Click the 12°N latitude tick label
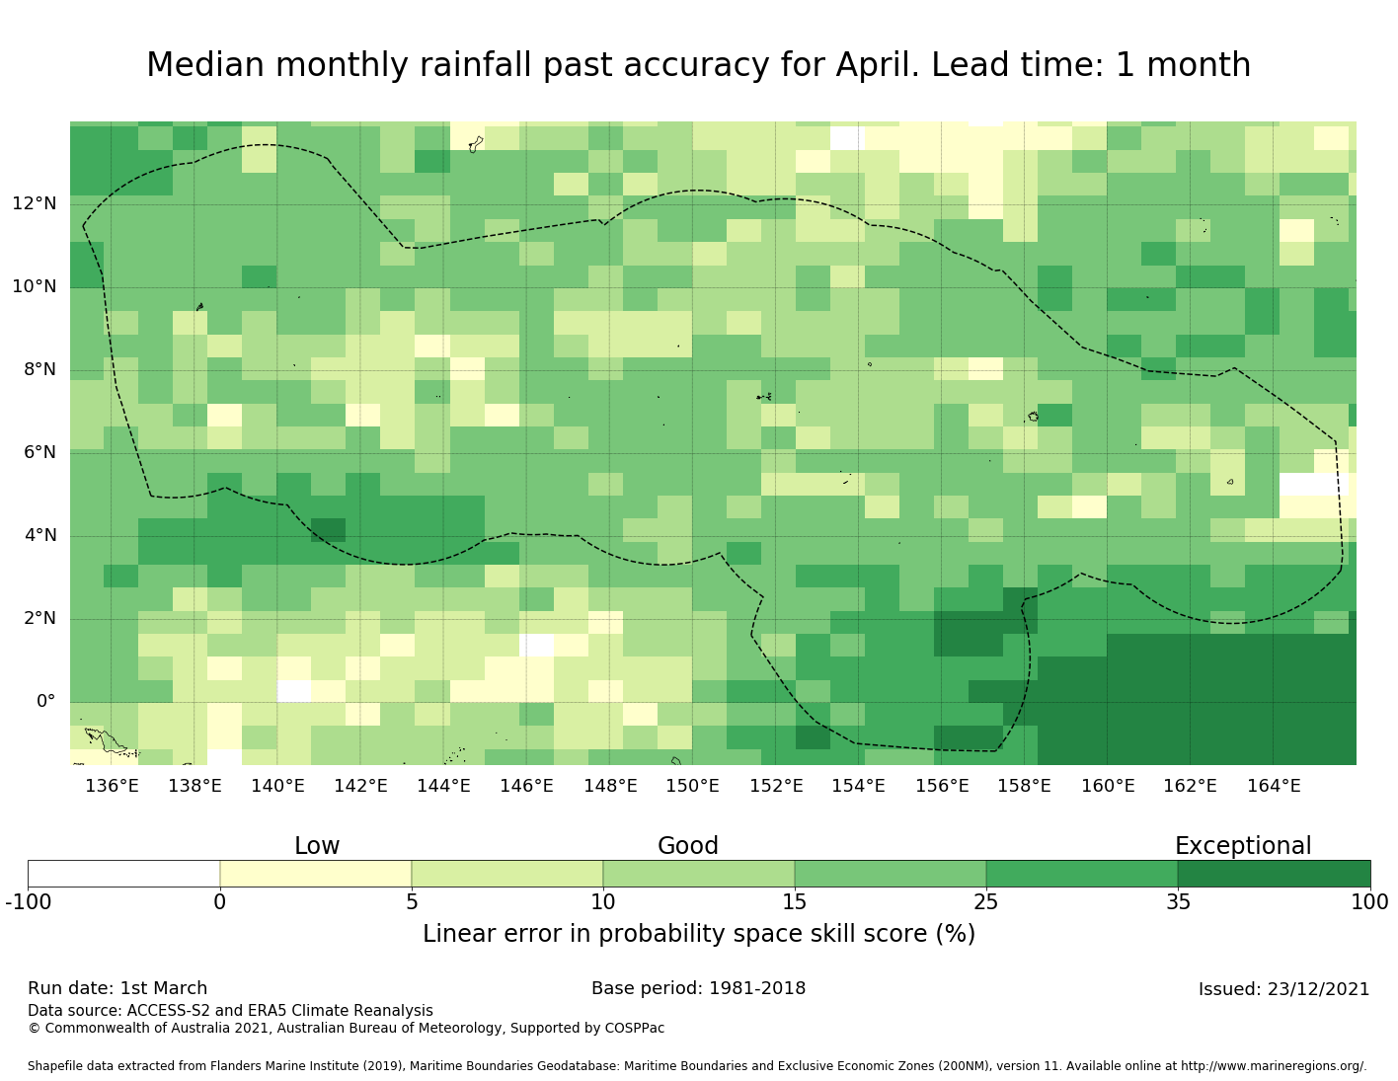35,204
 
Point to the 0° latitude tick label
45,702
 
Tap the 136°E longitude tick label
112,786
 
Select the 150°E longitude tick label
692,786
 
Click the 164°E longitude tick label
1274,786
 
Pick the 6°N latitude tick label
39,453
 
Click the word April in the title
877,65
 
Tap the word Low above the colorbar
317,846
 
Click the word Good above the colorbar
688,846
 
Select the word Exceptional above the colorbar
1243,846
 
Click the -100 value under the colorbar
28,901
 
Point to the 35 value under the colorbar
1178,901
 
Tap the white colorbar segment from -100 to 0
123,874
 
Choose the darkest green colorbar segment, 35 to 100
1274,874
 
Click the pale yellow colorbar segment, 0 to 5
316,874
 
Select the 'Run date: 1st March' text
117,988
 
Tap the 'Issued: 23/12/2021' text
1283,989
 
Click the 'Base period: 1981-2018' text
698,988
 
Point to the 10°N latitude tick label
35,287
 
